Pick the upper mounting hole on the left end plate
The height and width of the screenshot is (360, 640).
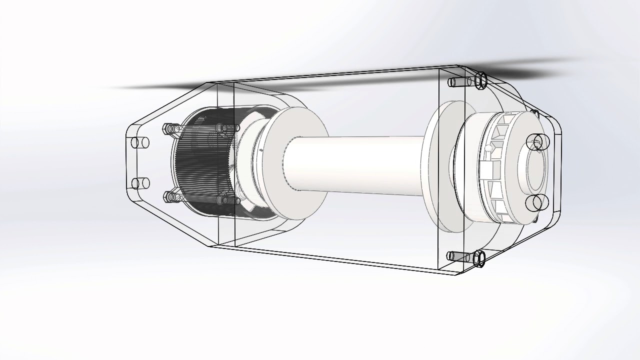(139, 142)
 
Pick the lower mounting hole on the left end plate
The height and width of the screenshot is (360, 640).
(139, 183)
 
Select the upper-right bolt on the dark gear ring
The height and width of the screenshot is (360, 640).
(221, 128)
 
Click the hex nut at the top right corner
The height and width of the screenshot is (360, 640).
(480, 80)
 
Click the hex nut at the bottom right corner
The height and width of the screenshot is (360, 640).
(479, 258)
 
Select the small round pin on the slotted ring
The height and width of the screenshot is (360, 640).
(487, 148)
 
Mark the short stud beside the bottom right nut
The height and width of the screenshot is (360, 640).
(458, 256)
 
